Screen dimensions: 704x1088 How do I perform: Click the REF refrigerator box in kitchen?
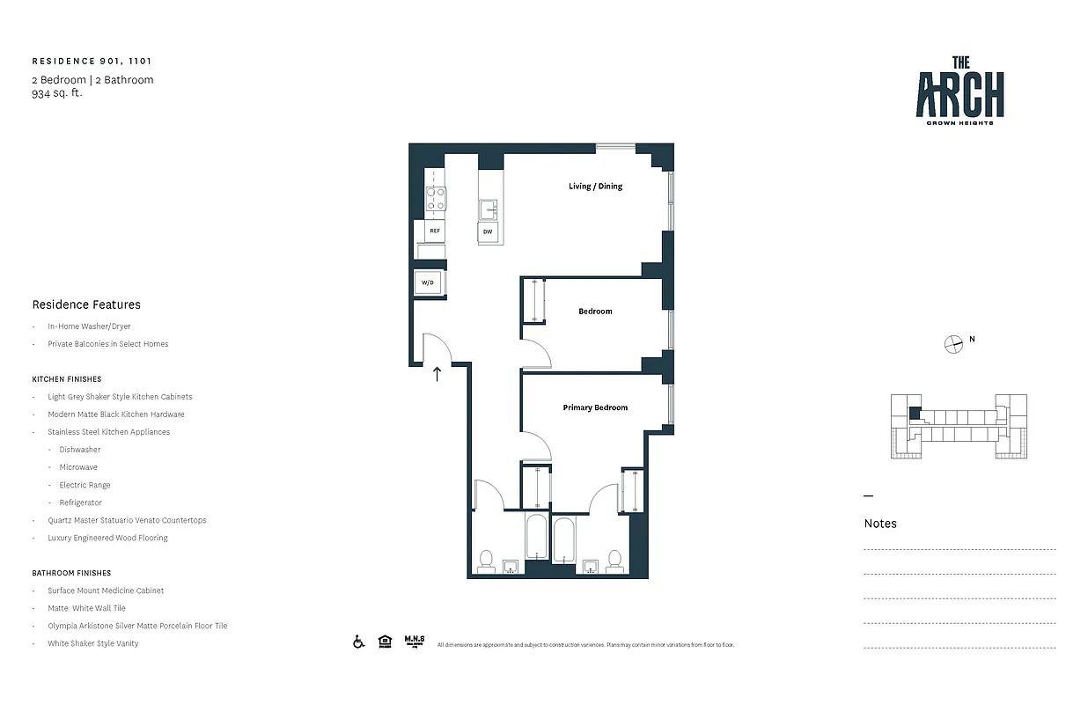click(434, 231)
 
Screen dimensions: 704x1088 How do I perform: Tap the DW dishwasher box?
click(488, 232)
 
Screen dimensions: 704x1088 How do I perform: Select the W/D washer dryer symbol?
click(429, 283)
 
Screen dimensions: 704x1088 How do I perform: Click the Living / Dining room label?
click(595, 187)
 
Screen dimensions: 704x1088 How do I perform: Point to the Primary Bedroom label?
click(595, 407)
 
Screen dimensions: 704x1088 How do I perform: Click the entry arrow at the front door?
click(437, 374)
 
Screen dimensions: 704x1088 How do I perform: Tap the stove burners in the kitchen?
click(436, 200)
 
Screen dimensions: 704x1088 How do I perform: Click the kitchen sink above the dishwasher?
click(489, 209)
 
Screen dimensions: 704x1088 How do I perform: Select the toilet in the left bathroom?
click(485, 561)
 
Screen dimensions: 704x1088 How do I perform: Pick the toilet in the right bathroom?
click(614, 560)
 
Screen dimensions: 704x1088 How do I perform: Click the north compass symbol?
click(952, 344)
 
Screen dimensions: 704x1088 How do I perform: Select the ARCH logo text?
click(959, 94)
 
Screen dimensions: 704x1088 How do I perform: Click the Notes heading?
click(880, 524)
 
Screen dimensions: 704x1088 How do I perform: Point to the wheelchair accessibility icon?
click(359, 642)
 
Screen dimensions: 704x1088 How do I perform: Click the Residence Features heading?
click(86, 304)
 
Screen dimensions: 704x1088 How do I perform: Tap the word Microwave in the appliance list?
click(78, 467)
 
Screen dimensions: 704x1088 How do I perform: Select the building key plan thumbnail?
click(958, 427)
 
